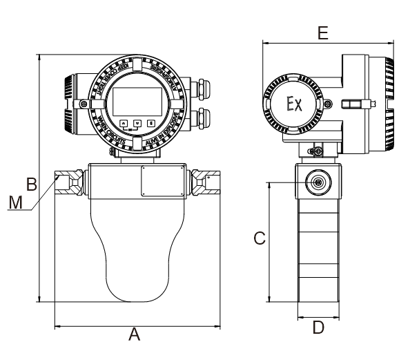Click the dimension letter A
[x=135, y=335]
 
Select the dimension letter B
[x=31, y=184]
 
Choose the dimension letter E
[x=322, y=32]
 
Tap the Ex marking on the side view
[x=294, y=104]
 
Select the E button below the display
[x=150, y=123]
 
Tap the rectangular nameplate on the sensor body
[x=162, y=181]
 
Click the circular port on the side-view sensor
[x=318, y=182]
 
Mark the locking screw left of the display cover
[x=84, y=104]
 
